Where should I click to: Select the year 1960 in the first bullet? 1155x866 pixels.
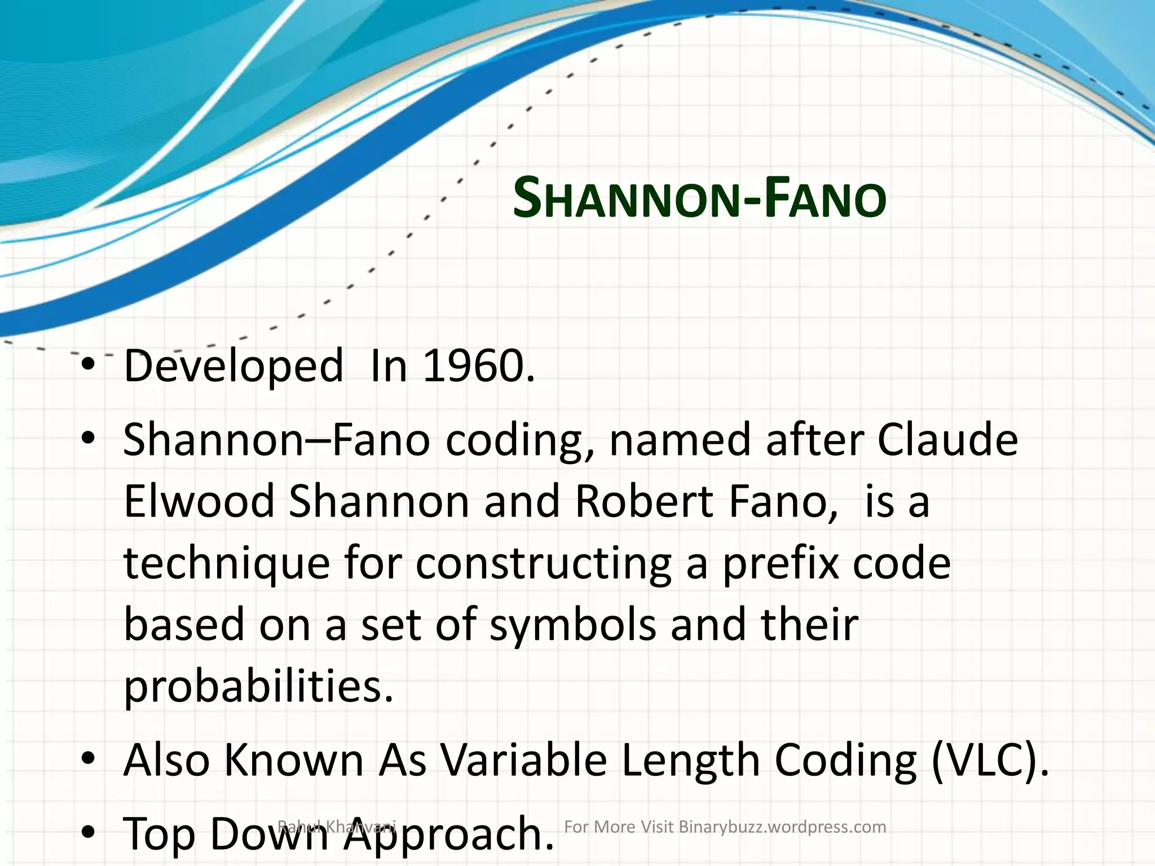click(x=477, y=365)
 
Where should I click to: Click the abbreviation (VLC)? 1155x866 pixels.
click(x=990, y=760)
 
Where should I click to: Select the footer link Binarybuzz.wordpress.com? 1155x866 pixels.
click(x=782, y=827)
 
